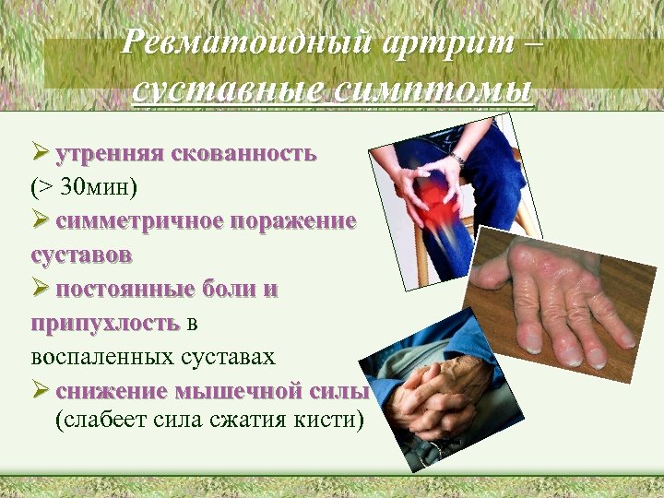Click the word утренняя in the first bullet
point(110,152)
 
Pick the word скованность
point(243,152)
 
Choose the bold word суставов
point(80,254)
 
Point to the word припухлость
point(103,322)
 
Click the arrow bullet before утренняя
point(40,152)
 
